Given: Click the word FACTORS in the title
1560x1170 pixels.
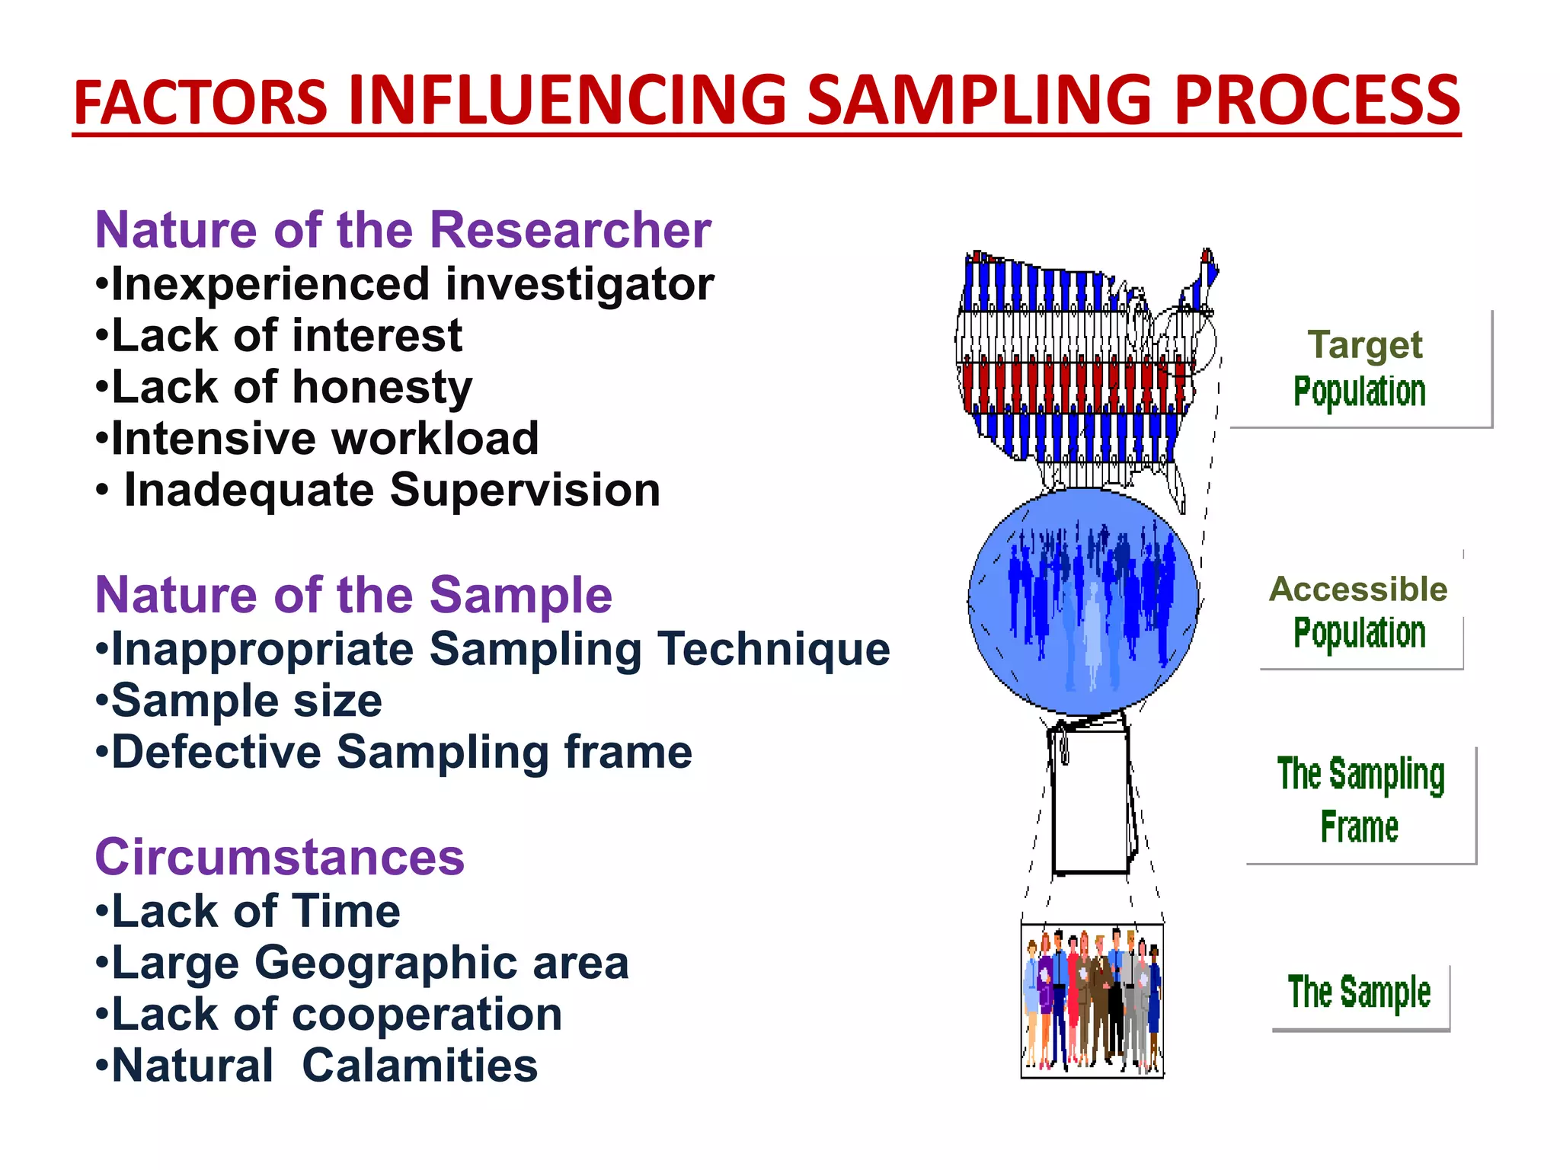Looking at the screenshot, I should [200, 103].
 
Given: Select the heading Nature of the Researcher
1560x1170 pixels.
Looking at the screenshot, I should [403, 230].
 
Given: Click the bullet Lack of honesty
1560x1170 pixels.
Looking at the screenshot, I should [284, 388].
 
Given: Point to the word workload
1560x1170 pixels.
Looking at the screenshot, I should [436, 439].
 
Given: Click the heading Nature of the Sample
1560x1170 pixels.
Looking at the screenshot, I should [353, 595].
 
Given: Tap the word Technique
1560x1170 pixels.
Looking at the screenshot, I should [774, 649].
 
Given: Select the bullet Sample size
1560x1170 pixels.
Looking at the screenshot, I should [239, 701].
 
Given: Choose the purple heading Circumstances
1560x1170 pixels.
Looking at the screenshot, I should [280, 857].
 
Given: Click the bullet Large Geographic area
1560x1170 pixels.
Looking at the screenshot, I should [363, 963].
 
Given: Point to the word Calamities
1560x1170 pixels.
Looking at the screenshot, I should [420, 1066].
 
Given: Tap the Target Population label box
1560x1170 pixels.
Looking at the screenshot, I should [1360, 369].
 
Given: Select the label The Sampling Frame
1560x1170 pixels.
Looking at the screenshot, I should [1360, 800].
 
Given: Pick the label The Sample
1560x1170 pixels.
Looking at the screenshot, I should [1360, 993].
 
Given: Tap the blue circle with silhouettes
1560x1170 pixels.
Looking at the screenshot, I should [1083, 602].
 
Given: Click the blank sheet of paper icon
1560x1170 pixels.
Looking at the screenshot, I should [1091, 800].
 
